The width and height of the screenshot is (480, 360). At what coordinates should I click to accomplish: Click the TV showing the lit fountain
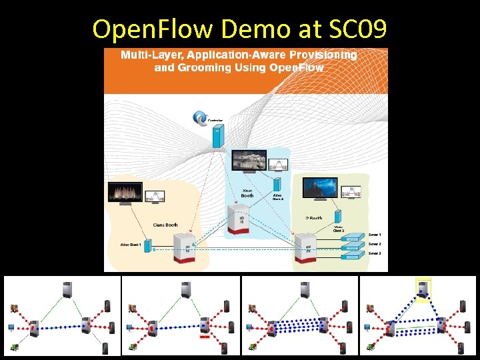(x=125, y=192)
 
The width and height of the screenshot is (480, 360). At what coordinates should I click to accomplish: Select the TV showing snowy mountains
(x=249, y=162)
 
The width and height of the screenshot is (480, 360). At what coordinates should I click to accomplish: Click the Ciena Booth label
(x=165, y=225)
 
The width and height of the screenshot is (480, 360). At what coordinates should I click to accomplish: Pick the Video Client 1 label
(x=131, y=245)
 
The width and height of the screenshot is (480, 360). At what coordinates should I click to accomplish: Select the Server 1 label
(x=375, y=235)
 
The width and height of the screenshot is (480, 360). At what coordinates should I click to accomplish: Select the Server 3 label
(x=375, y=253)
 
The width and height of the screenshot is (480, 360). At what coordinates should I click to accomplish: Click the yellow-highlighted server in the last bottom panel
(x=423, y=289)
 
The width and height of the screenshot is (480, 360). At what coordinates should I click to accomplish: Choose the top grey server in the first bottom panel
(x=66, y=290)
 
